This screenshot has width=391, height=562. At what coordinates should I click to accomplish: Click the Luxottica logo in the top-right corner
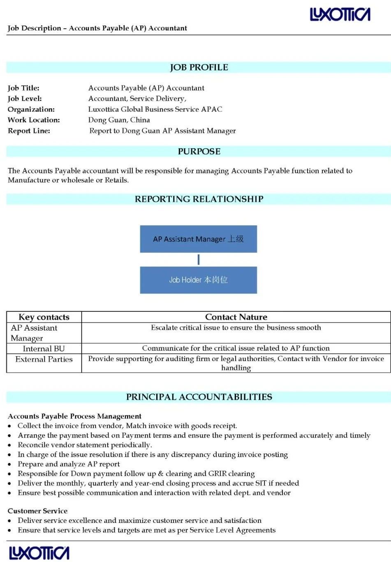(x=340, y=14)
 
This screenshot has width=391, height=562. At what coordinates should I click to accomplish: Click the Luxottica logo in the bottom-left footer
(x=39, y=553)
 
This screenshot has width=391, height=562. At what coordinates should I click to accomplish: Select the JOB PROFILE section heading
(x=199, y=68)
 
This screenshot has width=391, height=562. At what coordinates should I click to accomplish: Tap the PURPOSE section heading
(x=199, y=152)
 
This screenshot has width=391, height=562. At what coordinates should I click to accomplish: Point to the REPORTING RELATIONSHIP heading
(x=199, y=199)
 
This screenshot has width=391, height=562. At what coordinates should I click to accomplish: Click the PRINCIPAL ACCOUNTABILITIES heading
(x=199, y=397)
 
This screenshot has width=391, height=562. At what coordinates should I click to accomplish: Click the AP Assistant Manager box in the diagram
(x=198, y=239)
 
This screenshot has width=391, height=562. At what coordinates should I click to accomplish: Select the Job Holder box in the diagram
(x=198, y=280)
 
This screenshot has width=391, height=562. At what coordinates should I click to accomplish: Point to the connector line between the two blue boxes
(x=199, y=260)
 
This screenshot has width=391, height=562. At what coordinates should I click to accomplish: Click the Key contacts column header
(x=44, y=317)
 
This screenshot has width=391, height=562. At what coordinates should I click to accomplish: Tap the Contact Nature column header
(x=236, y=317)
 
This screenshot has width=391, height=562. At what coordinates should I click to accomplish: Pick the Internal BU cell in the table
(x=44, y=349)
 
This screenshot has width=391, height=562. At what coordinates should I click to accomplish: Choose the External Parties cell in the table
(x=44, y=359)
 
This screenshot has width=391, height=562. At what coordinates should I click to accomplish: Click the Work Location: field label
(x=34, y=120)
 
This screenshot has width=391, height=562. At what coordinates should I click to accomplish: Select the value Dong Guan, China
(x=119, y=120)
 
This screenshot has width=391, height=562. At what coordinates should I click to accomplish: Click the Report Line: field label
(x=29, y=131)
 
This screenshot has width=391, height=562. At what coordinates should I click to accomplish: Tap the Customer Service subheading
(x=37, y=511)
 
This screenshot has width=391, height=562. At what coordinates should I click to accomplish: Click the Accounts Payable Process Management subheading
(x=74, y=416)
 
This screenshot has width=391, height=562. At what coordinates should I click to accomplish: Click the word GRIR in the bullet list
(x=217, y=474)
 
